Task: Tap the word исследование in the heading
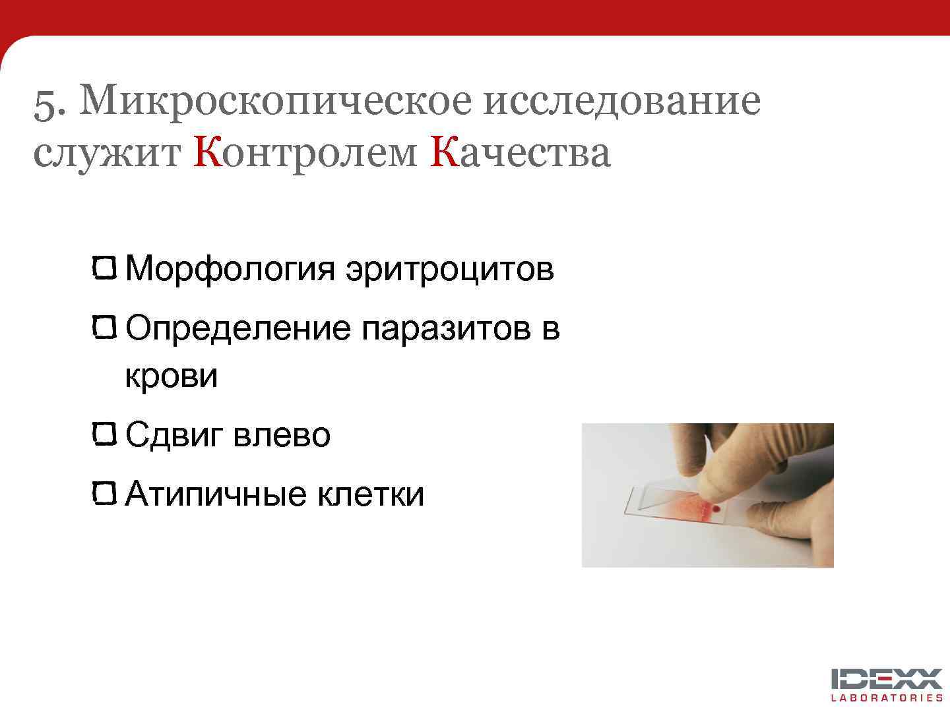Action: [621, 101]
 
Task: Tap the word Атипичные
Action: [216, 494]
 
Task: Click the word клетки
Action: [371, 494]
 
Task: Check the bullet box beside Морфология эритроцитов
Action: [105, 268]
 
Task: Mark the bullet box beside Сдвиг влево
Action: [105, 434]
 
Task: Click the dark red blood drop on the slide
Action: [716, 509]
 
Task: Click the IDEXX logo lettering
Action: [887, 679]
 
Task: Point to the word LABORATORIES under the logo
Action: [887, 697]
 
